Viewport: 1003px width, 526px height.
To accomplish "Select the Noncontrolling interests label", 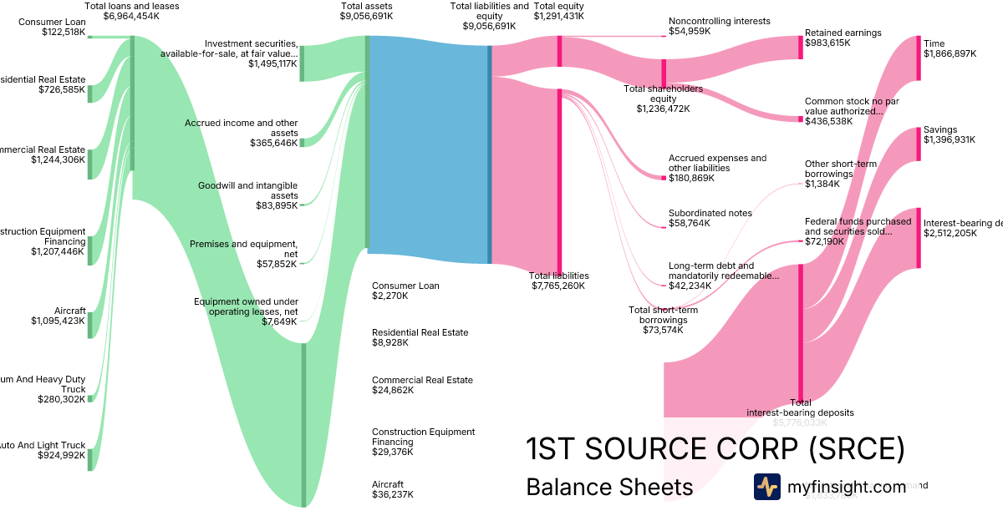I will [719, 21].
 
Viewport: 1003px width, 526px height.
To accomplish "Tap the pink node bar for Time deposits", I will [919, 58].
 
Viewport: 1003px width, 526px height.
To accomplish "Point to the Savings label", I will [940, 130].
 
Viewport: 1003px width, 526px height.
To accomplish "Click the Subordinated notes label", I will [710, 213].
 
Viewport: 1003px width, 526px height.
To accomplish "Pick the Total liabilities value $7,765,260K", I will [558, 286].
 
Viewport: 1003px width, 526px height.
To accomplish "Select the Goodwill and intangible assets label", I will [247, 190].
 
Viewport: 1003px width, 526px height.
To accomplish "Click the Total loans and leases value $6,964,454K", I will [132, 16].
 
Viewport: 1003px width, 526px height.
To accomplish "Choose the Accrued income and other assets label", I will [241, 128].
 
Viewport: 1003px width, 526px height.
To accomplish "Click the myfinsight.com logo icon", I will [766, 487].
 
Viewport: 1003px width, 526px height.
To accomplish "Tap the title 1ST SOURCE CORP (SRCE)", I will [715, 449].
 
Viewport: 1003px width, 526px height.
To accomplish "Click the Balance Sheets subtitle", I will [609, 487].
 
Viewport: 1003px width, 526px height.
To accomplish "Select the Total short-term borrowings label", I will [663, 315].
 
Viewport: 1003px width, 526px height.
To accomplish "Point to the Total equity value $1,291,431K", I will [559, 16].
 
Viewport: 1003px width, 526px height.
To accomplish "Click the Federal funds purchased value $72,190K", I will [824, 241].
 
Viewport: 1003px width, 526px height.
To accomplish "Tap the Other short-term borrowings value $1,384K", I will [822, 184].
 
